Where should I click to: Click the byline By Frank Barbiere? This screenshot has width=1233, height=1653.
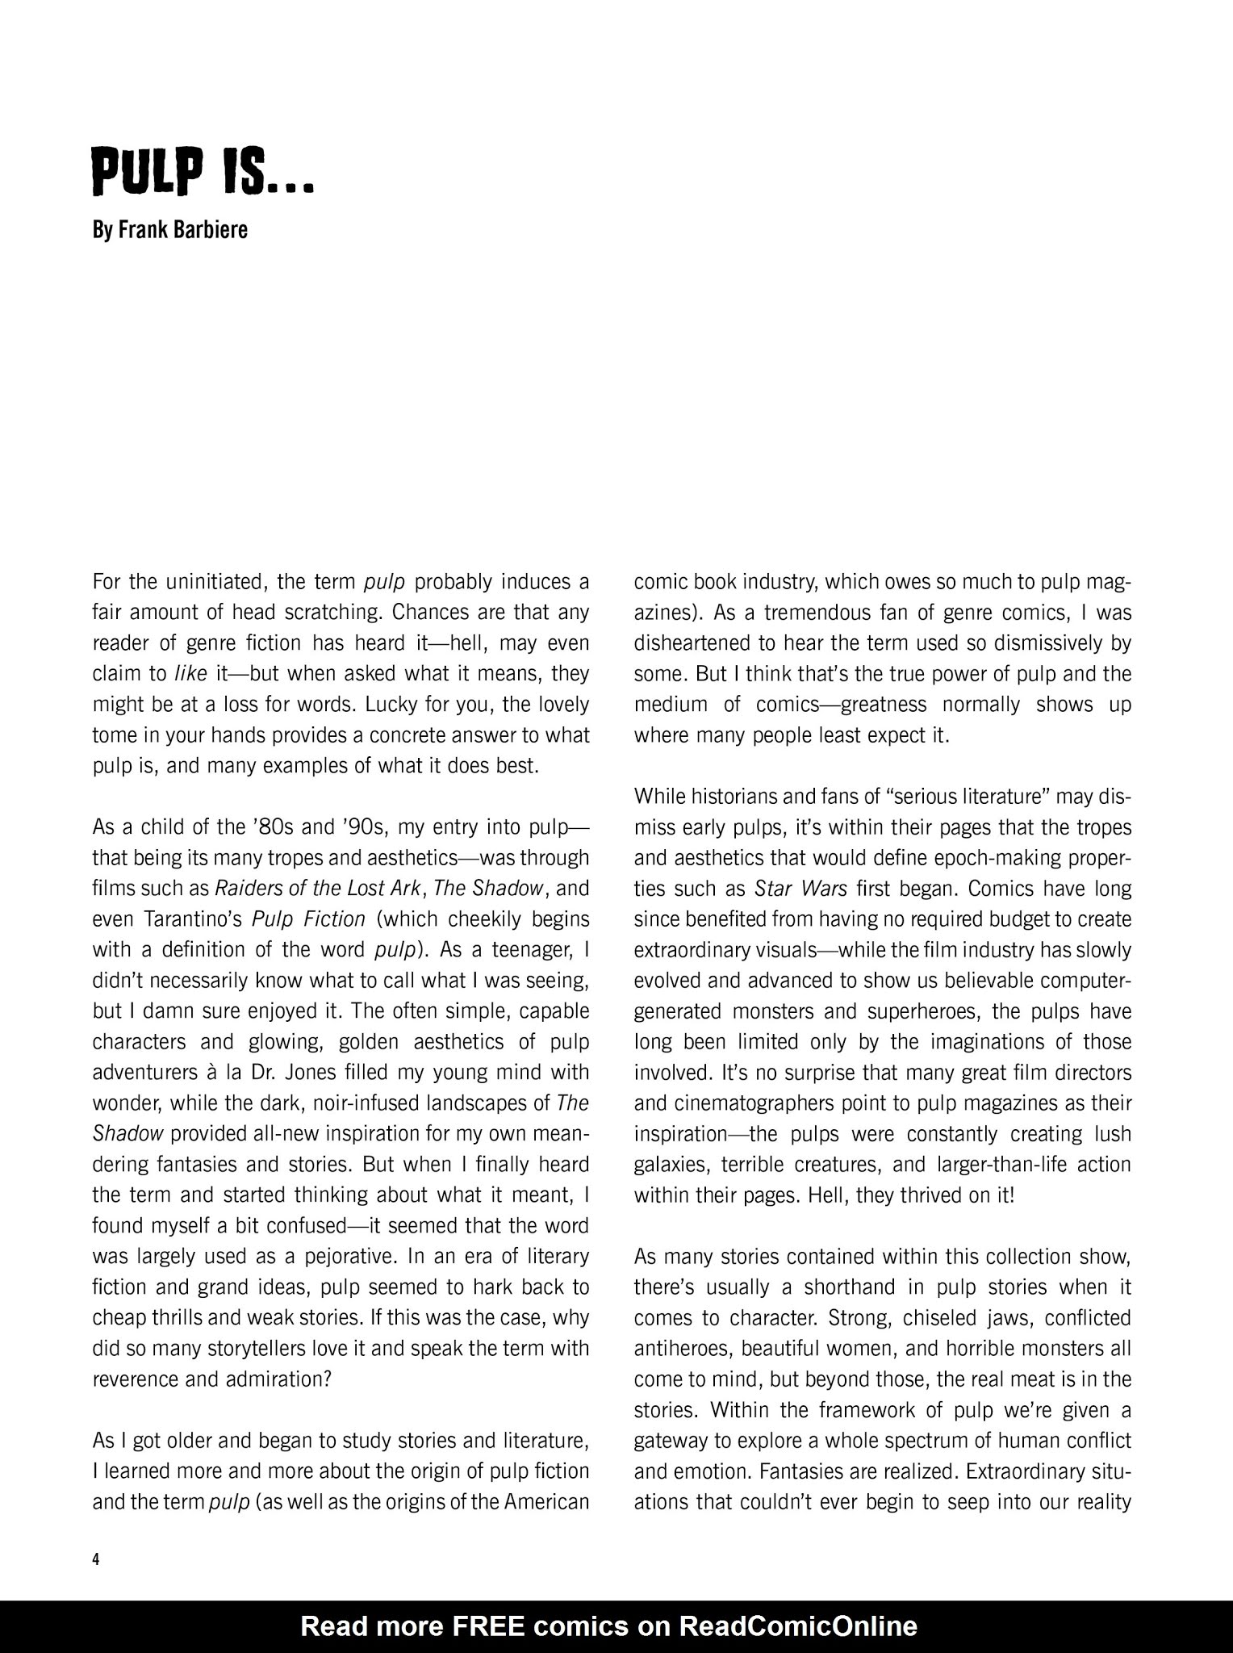pos(170,230)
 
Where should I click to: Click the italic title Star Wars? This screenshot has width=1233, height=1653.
pos(800,889)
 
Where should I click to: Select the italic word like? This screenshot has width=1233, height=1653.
pos(190,674)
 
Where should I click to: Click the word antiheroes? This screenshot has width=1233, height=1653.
pos(683,1349)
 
